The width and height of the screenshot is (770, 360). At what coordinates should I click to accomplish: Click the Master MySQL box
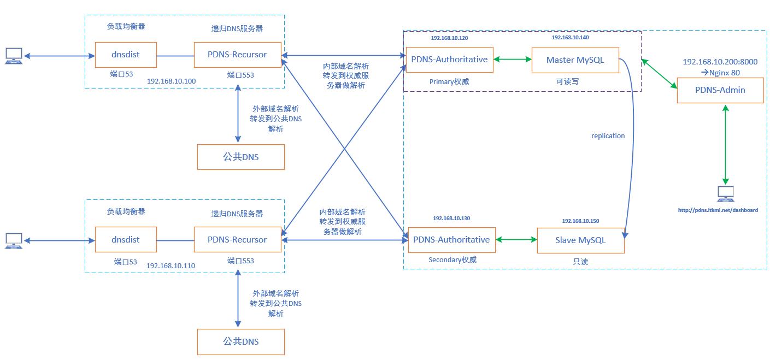(x=575, y=60)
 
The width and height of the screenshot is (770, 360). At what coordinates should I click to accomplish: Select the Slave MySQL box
(x=580, y=240)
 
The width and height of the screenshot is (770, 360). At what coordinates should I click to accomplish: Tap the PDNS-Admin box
(x=720, y=90)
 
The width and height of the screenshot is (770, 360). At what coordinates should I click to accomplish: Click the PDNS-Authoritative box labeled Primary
(x=449, y=60)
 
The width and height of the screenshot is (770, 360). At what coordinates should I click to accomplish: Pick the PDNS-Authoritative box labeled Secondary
(x=451, y=240)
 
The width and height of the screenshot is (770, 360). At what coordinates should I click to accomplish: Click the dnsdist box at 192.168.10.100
(x=126, y=55)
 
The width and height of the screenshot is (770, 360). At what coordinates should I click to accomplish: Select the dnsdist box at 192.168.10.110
(x=126, y=240)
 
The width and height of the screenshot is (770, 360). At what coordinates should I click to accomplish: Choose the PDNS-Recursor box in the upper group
(x=238, y=55)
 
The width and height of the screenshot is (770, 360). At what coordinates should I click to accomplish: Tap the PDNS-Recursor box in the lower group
(x=238, y=240)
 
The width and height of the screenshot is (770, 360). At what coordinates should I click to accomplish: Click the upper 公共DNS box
(x=241, y=157)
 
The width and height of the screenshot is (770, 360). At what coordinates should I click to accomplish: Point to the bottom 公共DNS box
(x=241, y=342)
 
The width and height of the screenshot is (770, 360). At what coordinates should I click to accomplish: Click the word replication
(x=608, y=136)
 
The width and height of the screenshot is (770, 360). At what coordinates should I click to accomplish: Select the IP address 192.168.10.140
(x=570, y=38)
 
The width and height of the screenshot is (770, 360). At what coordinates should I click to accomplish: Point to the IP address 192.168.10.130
(x=451, y=219)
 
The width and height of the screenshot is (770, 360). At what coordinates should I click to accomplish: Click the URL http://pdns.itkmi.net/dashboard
(x=718, y=210)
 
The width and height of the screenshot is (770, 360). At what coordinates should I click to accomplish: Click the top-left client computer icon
(x=14, y=55)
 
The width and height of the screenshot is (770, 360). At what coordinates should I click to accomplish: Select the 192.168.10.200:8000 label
(x=720, y=62)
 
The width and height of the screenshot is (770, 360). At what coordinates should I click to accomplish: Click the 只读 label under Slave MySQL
(x=580, y=262)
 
